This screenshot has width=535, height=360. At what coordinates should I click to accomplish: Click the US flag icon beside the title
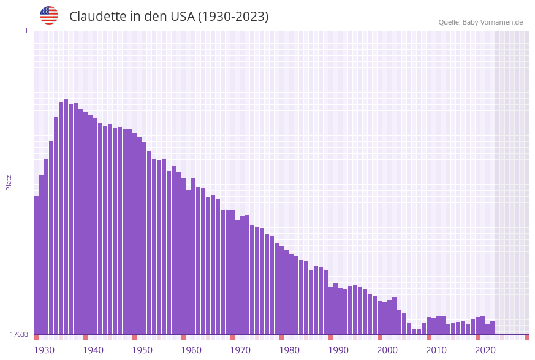coord(49,15)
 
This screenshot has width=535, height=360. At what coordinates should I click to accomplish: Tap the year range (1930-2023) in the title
coord(233,17)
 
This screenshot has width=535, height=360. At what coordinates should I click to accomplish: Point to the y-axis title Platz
coord(9,182)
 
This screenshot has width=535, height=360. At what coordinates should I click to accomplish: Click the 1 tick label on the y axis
coord(26,31)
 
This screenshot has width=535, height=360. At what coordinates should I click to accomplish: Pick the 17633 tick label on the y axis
coord(19,334)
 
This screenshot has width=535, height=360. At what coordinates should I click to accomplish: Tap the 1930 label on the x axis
coord(44,350)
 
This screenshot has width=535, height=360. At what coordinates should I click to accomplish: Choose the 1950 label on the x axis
coord(142,350)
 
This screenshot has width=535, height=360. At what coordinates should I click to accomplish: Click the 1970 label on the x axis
coord(240,350)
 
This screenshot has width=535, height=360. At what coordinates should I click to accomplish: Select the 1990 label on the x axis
coord(338,350)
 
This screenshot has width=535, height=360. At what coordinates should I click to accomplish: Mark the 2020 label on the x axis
coord(485,350)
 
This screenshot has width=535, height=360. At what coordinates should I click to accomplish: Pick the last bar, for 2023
coord(492,327)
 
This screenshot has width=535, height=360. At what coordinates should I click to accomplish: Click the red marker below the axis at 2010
coord(428,337)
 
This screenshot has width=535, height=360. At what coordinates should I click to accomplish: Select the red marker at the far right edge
coord(526,337)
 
